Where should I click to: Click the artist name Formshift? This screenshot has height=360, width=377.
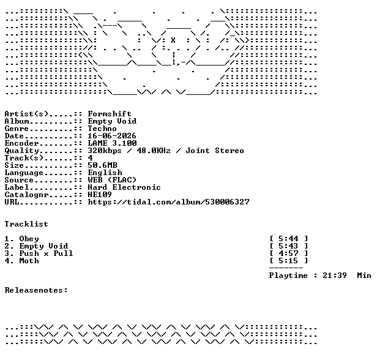click(x=110, y=114)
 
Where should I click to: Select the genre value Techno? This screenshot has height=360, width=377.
click(x=102, y=129)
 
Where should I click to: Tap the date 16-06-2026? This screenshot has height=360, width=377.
click(x=112, y=136)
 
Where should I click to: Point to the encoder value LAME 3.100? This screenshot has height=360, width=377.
click(x=112, y=143)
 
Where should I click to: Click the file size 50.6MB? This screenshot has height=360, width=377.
click(x=102, y=165)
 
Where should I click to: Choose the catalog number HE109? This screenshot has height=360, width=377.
click(x=100, y=195)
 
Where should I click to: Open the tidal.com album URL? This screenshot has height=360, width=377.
click(x=168, y=202)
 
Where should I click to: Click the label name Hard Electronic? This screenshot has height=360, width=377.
click(x=124, y=187)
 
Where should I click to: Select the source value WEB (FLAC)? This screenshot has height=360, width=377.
click(x=112, y=180)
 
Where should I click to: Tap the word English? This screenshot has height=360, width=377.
click(x=105, y=173)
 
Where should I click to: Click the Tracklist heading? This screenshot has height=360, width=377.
click(x=26, y=224)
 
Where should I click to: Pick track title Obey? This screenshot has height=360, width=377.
click(x=29, y=239)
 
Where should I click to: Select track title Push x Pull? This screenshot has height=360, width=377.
click(x=46, y=253)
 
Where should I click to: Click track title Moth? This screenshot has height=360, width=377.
click(x=29, y=261)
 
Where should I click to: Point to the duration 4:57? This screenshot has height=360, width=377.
click(x=288, y=253)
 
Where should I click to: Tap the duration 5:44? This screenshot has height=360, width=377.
click(x=288, y=239)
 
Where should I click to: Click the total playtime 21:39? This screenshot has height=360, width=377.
click(x=335, y=276)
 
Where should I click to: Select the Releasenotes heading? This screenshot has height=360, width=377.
click(x=36, y=290)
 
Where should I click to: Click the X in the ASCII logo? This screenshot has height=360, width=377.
click(x=173, y=40)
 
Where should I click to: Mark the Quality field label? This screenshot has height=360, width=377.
click(x=21, y=151)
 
